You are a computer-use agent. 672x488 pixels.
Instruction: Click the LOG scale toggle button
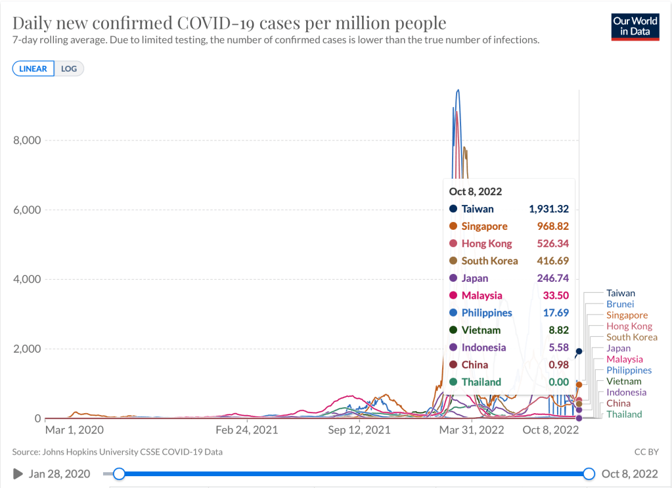click(68, 68)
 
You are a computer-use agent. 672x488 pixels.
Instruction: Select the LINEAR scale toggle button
click(33, 68)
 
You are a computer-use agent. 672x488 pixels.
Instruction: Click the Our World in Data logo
click(635, 26)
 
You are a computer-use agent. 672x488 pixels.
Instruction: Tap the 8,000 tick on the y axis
click(27, 140)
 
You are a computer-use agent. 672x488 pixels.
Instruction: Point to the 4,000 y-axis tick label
click(27, 279)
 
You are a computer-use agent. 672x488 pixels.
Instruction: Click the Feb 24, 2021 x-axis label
click(246, 430)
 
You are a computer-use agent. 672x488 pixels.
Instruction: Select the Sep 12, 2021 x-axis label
click(359, 430)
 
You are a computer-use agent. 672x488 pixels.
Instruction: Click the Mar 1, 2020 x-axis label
click(74, 430)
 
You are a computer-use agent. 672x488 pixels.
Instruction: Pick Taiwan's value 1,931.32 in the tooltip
click(549, 209)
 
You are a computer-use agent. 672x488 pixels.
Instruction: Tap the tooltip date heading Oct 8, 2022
click(476, 191)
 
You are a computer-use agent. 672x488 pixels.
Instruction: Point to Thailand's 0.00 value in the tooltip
click(558, 382)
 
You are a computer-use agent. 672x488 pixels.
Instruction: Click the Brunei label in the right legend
click(620, 304)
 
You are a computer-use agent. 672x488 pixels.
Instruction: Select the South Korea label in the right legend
click(631, 337)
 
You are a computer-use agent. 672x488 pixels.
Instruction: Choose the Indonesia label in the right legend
click(626, 392)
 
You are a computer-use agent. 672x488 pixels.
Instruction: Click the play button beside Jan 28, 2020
click(18, 474)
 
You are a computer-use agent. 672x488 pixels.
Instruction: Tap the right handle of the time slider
click(589, 474)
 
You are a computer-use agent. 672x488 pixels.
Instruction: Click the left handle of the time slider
click(119, 474)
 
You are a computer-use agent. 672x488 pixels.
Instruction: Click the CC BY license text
click(646, 452)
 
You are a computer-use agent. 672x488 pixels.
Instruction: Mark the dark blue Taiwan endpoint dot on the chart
click(579, 351)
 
